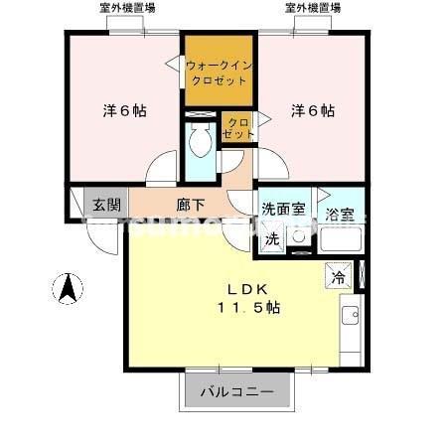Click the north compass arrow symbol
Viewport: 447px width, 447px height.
pyautogui.click(x=68, y=289)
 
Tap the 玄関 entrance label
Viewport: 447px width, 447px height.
pyautogui.click(x=107, y=206)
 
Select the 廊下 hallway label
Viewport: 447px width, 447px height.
pyautogui.click(x=191, y=206)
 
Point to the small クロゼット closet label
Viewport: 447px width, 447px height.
pyautogui.click(x=239, y=126)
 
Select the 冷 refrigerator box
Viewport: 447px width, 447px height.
pyautogui.click(x=338, y=279)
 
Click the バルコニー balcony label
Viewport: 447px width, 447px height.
pyautogui.click(x=238, y=391)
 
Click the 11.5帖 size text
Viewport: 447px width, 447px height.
pyautogui.click(x=245, y=308)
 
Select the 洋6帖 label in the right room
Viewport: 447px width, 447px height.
pyautogui.click(x=312, y=111)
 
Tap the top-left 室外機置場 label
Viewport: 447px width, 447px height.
pyautogui.click(x=127, y=8)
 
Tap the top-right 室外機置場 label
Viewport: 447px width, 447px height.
pyautogui.click(x=313, y=8)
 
